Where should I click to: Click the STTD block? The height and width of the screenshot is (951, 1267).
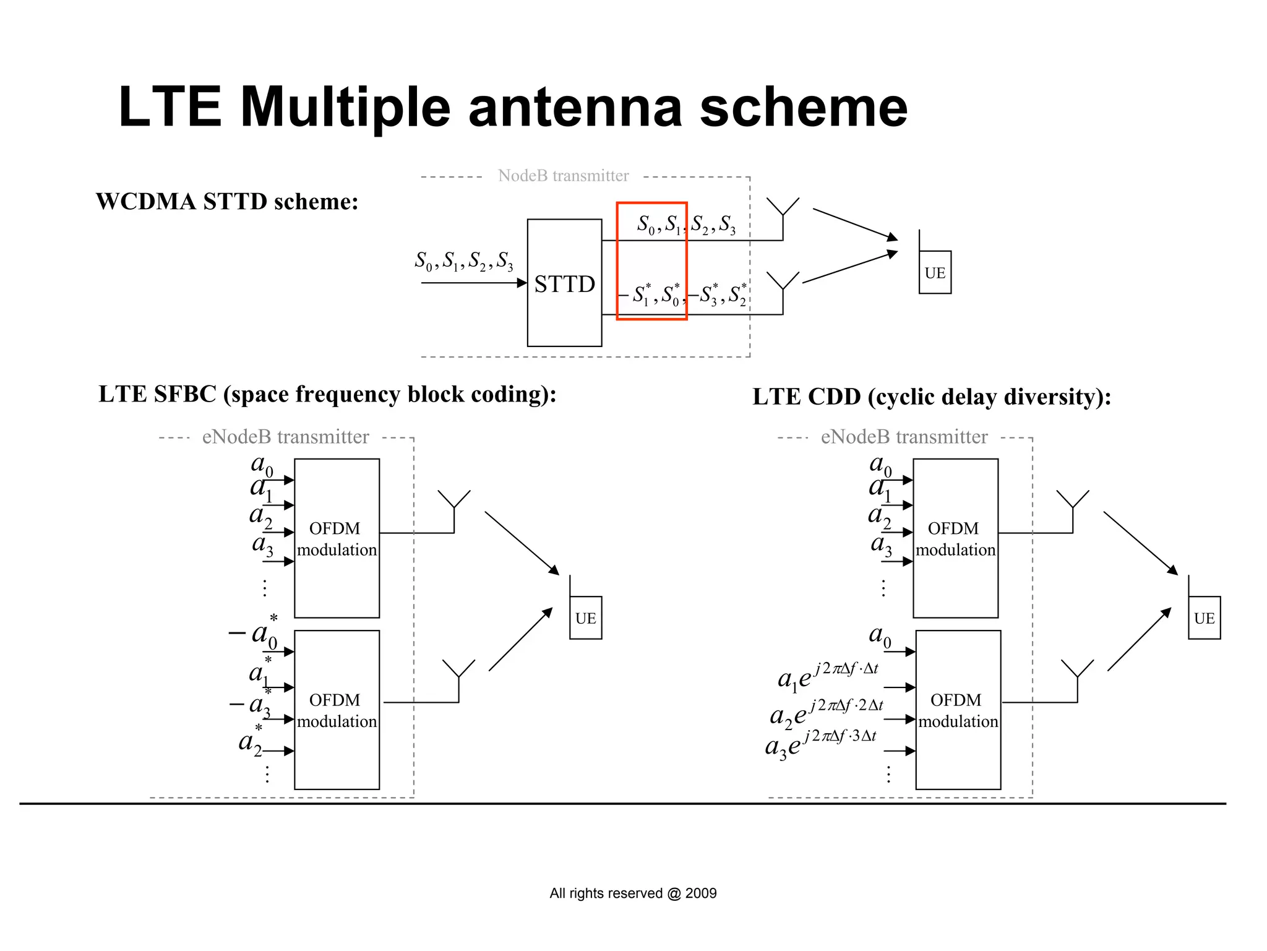click(564, 283)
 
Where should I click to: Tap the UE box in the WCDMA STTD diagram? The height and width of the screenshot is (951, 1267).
click(935, 272)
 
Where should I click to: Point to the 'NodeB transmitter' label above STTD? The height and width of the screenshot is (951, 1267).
click(563, 176)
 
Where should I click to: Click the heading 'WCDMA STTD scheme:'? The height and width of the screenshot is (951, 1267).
click(227, 202)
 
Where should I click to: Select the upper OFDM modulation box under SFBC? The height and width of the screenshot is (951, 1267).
click(337, 538)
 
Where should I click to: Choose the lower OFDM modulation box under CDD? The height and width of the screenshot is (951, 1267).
click(958, 709)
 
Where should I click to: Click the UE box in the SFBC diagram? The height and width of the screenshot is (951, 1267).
click(585, 618)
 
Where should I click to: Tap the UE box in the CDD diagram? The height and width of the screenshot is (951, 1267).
click(1204, 618)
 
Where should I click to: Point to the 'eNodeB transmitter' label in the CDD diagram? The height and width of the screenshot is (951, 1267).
click(904, 437)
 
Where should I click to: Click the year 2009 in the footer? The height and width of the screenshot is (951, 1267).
click(701, 893)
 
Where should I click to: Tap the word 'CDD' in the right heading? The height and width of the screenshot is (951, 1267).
click(833, 397)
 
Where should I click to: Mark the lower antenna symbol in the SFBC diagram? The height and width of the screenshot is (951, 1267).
click(458, 671)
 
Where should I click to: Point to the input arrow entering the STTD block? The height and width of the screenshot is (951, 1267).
click(473, 283)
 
